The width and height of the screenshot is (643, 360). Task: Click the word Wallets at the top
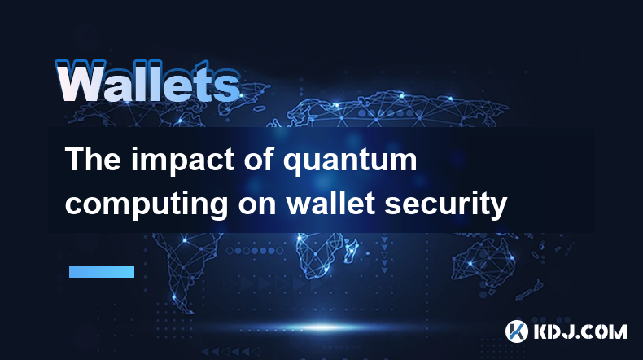click(x=148, y=81)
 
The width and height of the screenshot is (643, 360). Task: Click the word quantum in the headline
click(x=350, y=161)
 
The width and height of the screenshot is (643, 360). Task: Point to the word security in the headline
click(x=446, y=204)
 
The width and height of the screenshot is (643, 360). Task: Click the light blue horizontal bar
click(x=102, y=271)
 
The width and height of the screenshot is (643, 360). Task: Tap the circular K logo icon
click(x=516, y=331)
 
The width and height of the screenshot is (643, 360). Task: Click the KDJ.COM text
click(x=580, y=331)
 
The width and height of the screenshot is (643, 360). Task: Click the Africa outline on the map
click(x=320, y=254)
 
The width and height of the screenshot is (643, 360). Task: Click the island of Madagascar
click(x=352, y=249)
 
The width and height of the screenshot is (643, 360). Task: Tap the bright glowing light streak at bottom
click(x=324, y=327)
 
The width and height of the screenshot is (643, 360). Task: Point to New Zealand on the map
click(x=530, y=290)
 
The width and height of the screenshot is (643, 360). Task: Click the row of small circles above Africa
click(x=255, y=250)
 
